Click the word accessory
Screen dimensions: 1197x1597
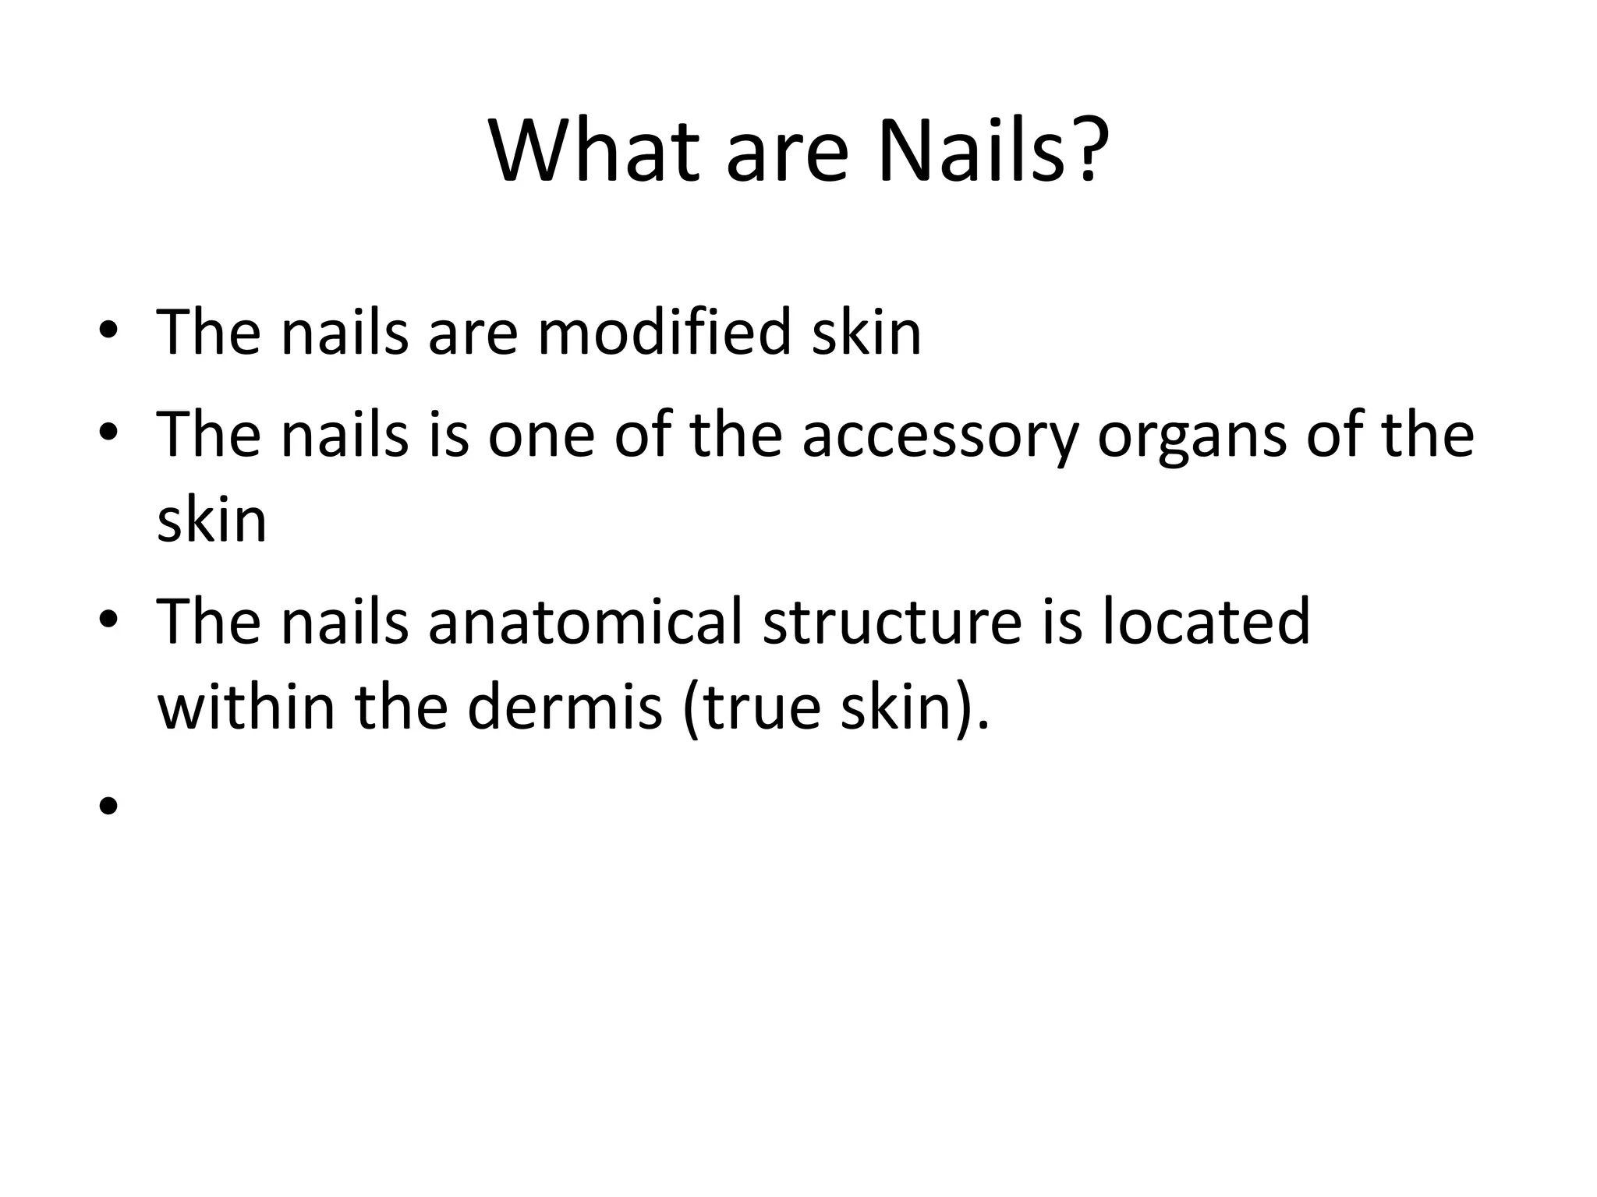[940, 436]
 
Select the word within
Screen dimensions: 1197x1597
[246, 708]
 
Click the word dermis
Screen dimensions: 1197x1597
[565, 708]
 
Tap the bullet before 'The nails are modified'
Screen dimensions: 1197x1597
[108, 333]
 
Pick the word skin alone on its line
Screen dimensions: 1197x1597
[211, 521]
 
